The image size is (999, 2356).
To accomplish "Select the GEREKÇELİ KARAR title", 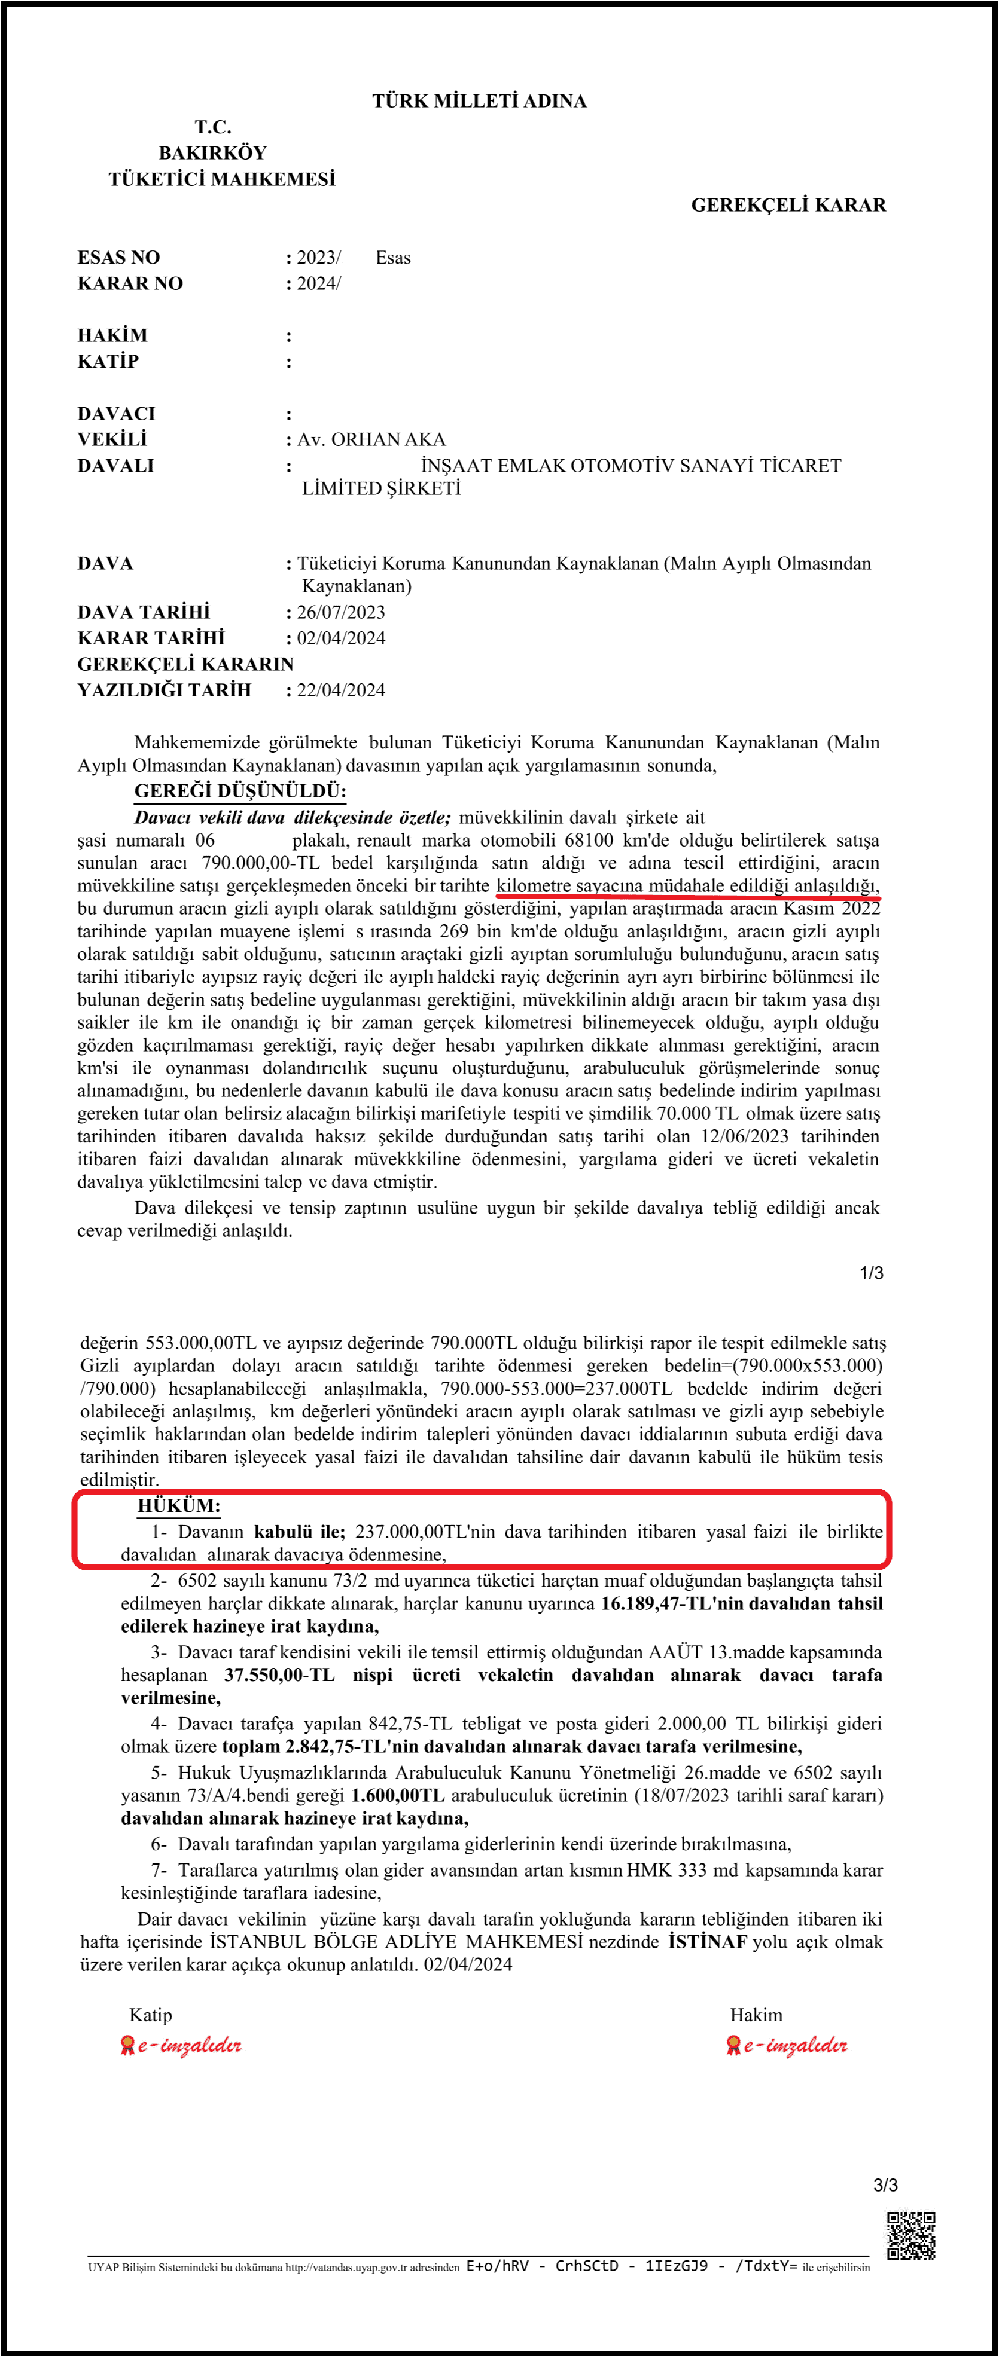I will (788, 205).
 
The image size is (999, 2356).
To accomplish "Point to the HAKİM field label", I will (112, 335).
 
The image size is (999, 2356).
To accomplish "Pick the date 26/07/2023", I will (340, 612).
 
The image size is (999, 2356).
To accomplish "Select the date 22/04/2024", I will (340, 690).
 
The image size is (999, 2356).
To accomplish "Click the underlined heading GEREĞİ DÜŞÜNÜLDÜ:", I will (240, 791).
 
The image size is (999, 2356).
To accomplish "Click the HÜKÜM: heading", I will (179, 1505).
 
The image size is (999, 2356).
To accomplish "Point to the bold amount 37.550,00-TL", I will (279, 1674).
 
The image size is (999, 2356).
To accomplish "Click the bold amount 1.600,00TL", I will (397, 1795).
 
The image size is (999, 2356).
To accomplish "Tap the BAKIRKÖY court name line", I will (212, 152).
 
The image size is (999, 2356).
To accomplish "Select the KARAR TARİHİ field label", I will (150, 637).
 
